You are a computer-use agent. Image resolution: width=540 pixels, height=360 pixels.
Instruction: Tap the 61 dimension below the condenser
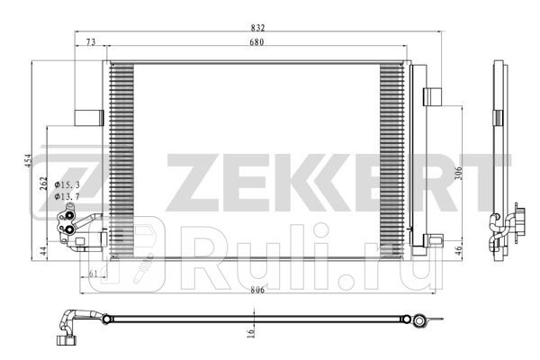click(x=94, y=274)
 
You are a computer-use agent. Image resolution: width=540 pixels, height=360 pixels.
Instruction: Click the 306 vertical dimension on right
click(x=458, y=174)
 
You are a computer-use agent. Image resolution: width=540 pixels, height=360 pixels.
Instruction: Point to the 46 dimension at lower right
click(x=458, y=252)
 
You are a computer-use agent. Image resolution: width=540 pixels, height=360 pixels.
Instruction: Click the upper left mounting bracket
click(x=88, y=116)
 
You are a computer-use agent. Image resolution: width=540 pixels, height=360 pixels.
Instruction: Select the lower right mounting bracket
click(x=433, y=240)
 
